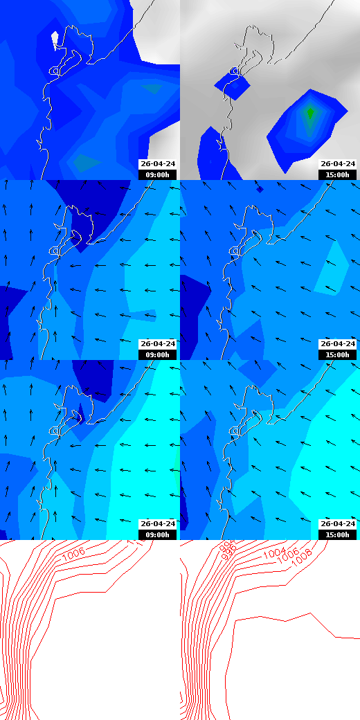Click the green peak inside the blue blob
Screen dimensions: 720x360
click(x=309, y=111)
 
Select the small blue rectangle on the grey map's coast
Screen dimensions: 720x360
click(x=233, y=84)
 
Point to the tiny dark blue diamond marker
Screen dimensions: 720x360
click(x=260, y=188)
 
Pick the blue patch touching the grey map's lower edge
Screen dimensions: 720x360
click(x=211, y=156)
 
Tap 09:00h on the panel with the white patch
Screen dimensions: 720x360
click(x=158, y=174)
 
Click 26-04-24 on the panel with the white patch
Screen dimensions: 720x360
click(x=158, y=164)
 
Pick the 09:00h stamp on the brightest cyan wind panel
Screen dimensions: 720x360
click(x=158, y=534)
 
